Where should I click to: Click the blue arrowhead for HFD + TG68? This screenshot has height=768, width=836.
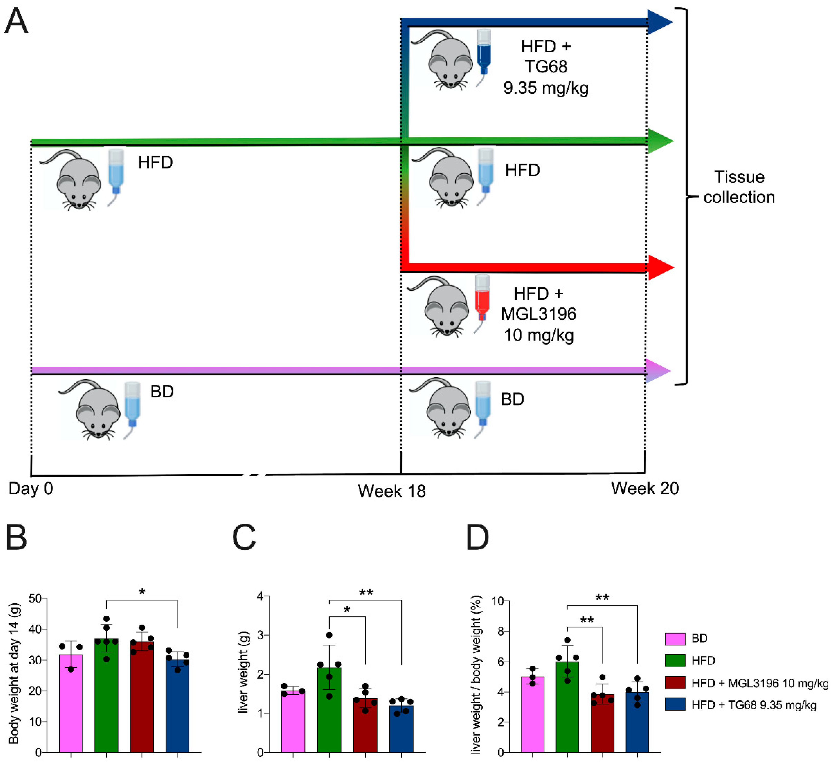click(659, 22)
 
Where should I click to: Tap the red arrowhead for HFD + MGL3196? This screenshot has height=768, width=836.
click(660, 267)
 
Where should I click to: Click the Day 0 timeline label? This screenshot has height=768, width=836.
click(31, 488)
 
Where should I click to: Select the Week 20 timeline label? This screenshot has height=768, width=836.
click(644, 488)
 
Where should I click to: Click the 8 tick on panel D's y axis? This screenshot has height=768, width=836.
click(500, 631)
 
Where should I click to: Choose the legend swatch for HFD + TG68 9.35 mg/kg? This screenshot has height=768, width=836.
click(675, 705)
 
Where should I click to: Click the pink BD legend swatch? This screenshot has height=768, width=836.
click(675, 639)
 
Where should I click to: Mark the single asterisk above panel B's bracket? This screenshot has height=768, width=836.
click(142, 592)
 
